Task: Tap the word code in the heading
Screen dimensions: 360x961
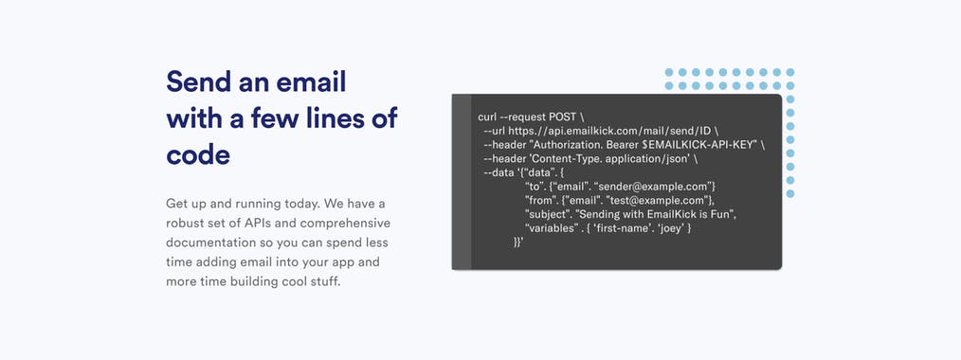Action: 198,154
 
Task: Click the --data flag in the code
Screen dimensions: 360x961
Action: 499,172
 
